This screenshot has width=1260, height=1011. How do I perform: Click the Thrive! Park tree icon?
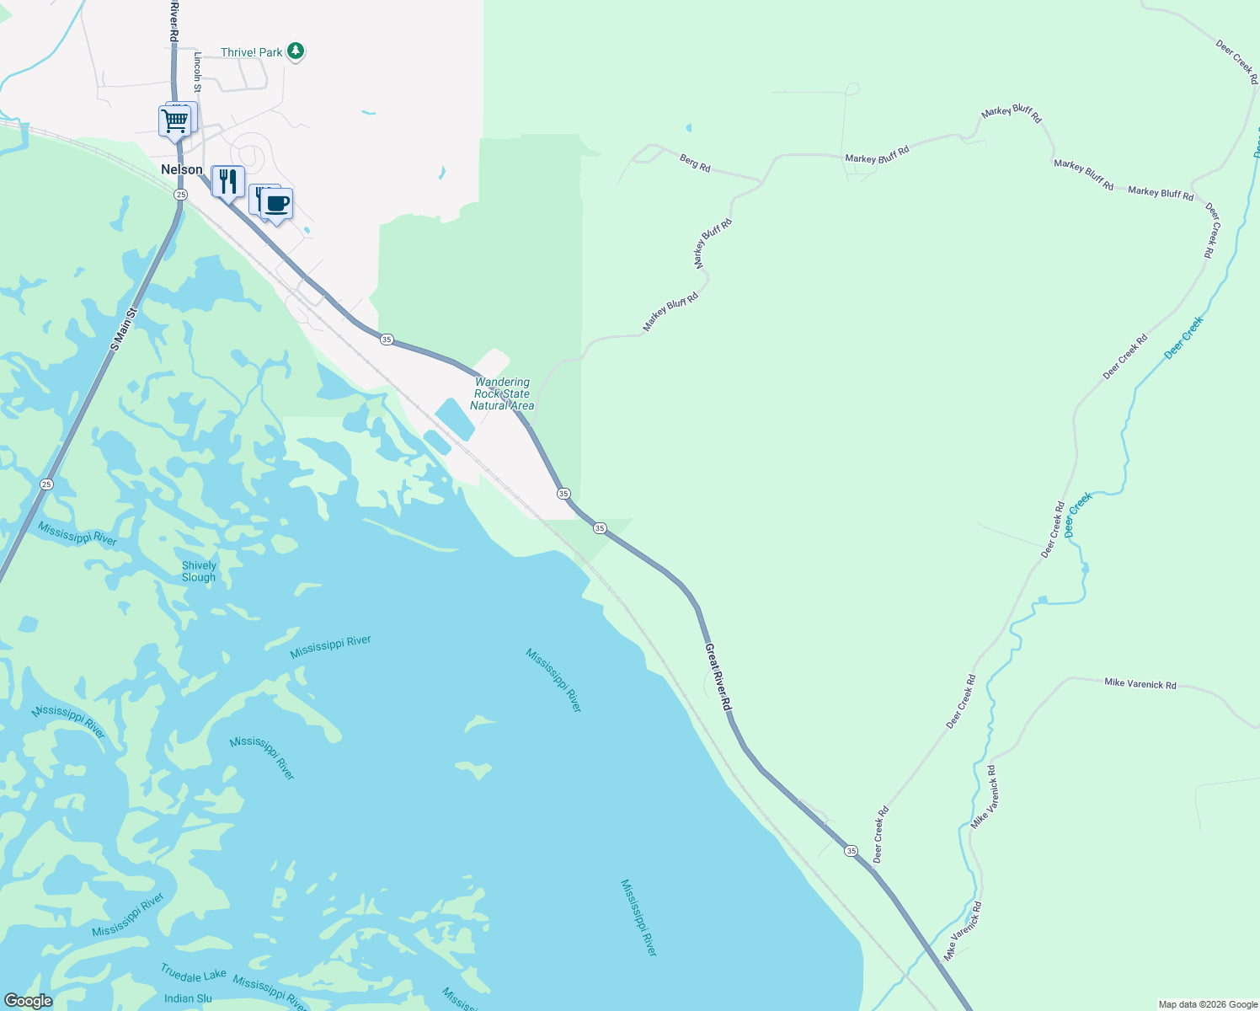pyautogui.click(x=295, y=51)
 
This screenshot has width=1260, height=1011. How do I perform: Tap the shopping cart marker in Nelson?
pyautogui.click(x=174, y=120)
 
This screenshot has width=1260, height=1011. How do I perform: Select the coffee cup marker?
pyautogui.click(x=276, y=203)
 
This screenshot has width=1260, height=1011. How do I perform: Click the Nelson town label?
pyautogui.click(x=182, y=169)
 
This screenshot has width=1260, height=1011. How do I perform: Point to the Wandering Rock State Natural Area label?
pyautogui.click(x=502, y=393)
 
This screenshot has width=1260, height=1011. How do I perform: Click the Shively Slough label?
pyautogui.click(x=199, y=571)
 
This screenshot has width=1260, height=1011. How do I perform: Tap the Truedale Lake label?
pyautogui.click(x=194, y=975)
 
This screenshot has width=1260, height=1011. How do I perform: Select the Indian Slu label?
pyautogui.click(x=188, y=998)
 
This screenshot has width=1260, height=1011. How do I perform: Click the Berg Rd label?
pyautogui.click(x=695, y=163)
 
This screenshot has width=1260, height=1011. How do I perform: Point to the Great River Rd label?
pyautogui.click(x=718, y=677)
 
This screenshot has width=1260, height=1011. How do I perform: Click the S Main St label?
pyautogui.click(x=123, y=329)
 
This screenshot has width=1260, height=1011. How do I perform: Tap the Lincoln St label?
pyautogui.click(x=198, y=72)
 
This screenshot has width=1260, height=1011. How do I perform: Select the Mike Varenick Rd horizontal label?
pyautogui.click(x=1140, y=683)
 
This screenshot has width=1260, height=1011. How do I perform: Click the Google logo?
pyautogui.click(x=28, y=1001)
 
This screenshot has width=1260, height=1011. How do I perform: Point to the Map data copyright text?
pyautogui.click(x=1207, y=1004)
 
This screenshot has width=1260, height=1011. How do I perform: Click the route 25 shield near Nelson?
pyautogui.click(x=180, y=195)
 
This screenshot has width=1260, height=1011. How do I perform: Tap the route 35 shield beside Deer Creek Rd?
pyautogui.click(x=852, y=851)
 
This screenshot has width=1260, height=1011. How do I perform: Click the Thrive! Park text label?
pyautogui.click(x=252, y=52)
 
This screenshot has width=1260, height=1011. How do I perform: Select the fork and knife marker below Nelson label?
pyautogui.click(x=227, y=181)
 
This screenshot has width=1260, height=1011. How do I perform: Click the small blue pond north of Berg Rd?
pyautogui.click(x=688, y=128)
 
